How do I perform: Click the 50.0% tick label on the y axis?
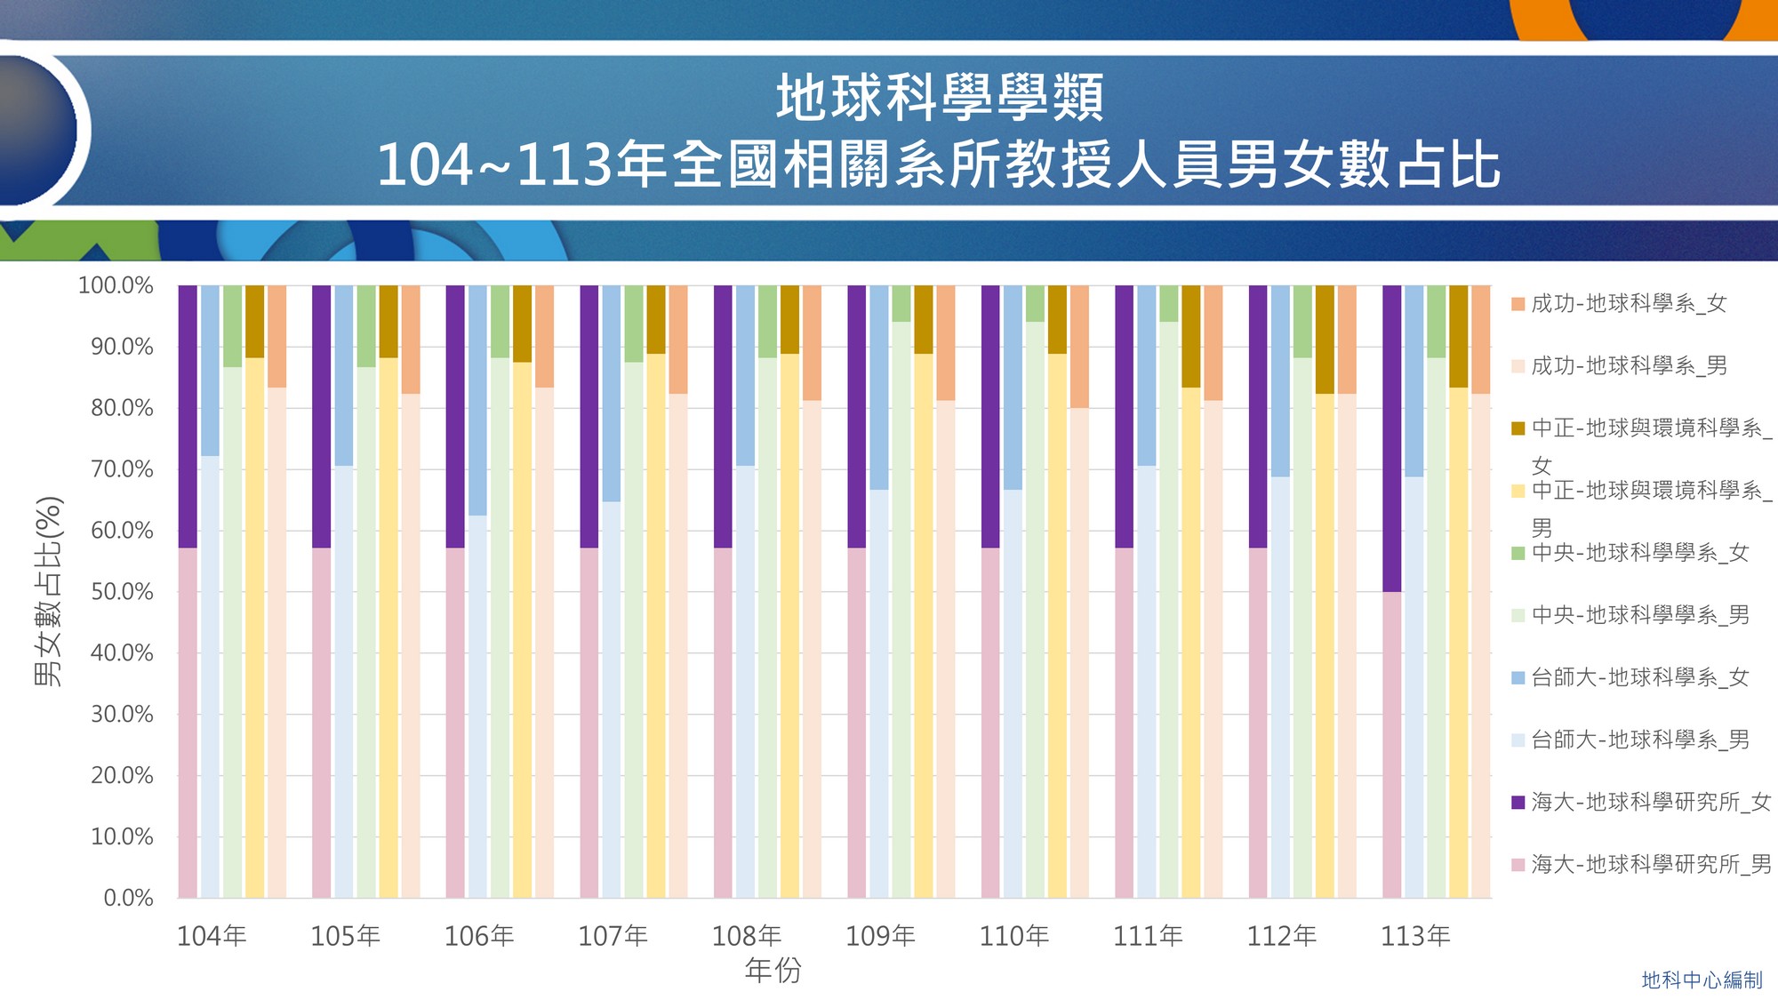pyautogui.click(x=122, y=592)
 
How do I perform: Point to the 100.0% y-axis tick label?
pyautogui.click(x=116, y=285)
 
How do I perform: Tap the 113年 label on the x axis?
pyautogui.click(x=1415, y=936)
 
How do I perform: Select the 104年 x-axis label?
pyautogui.click(x=212, y=936)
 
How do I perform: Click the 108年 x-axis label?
pyautogui.click(x=747, y=936)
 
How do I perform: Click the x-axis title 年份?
pyautogui.click(x=773, y=970)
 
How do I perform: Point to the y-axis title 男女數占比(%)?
pyautogui.click(x=48, y=591)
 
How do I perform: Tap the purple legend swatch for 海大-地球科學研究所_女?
pyautogui.click(x=1518, y=803)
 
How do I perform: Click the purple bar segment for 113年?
pyautogui.click(x=1392, y=438)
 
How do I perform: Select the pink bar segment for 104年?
pyautogui.click(x=188, y=723)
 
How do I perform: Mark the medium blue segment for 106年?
pyautogui.click(x=477, y=400)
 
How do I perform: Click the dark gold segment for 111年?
pyautogui.click(x=1191, y=336)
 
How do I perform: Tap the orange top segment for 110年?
pyautogui.click(x=1079, y=347)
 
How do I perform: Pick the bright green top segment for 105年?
pyautogui.click(x=366, y=326)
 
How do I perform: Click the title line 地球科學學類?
pyautogui.click(x=940, y=98)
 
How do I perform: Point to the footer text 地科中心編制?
pyautogui.click(x=1702, y=980)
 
